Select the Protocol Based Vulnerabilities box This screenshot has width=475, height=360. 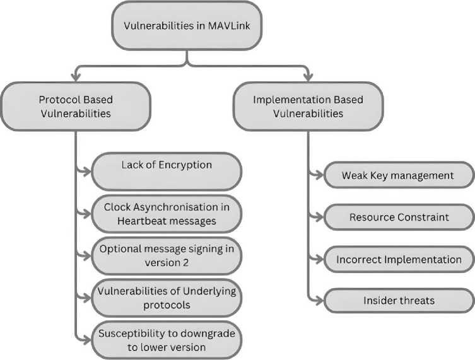75,107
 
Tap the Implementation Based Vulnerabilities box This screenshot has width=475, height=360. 308,107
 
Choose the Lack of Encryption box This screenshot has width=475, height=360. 167,170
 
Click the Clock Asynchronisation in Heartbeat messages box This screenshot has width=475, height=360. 167,213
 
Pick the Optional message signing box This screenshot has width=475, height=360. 167,255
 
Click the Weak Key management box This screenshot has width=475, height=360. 397,175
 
